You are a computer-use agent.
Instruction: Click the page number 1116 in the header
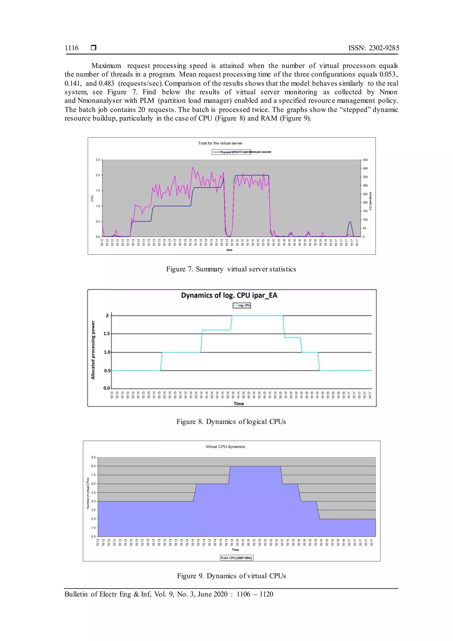click(x=72, y=48)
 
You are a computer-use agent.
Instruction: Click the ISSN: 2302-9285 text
click(x=374, y=48)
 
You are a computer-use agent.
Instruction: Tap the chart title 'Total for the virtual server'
click(x=220, y=143)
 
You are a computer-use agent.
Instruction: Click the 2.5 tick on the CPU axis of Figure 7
click(x=98, y=160)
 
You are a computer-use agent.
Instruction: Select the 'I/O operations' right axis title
click(x=370, y=201)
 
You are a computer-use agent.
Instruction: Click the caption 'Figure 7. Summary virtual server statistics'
click(x=231, y=269)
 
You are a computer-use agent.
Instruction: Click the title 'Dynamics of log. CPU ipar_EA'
click(x=229, y=295)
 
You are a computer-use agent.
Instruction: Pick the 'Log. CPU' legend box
click(x=242, y=305)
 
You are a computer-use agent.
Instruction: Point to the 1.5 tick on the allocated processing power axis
click(x=107, y=334)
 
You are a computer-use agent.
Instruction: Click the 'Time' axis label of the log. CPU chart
click(x=238, y=404)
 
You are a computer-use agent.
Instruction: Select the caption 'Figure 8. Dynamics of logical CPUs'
click(x=231, y=422)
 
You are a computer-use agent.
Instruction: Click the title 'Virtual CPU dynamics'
click(x=225, y=447)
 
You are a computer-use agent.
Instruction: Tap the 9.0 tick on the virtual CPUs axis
click(x=93, y=457)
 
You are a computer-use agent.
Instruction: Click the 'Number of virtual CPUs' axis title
click(x=88, y=493)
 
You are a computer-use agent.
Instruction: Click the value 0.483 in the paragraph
click(x=106, y=83)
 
